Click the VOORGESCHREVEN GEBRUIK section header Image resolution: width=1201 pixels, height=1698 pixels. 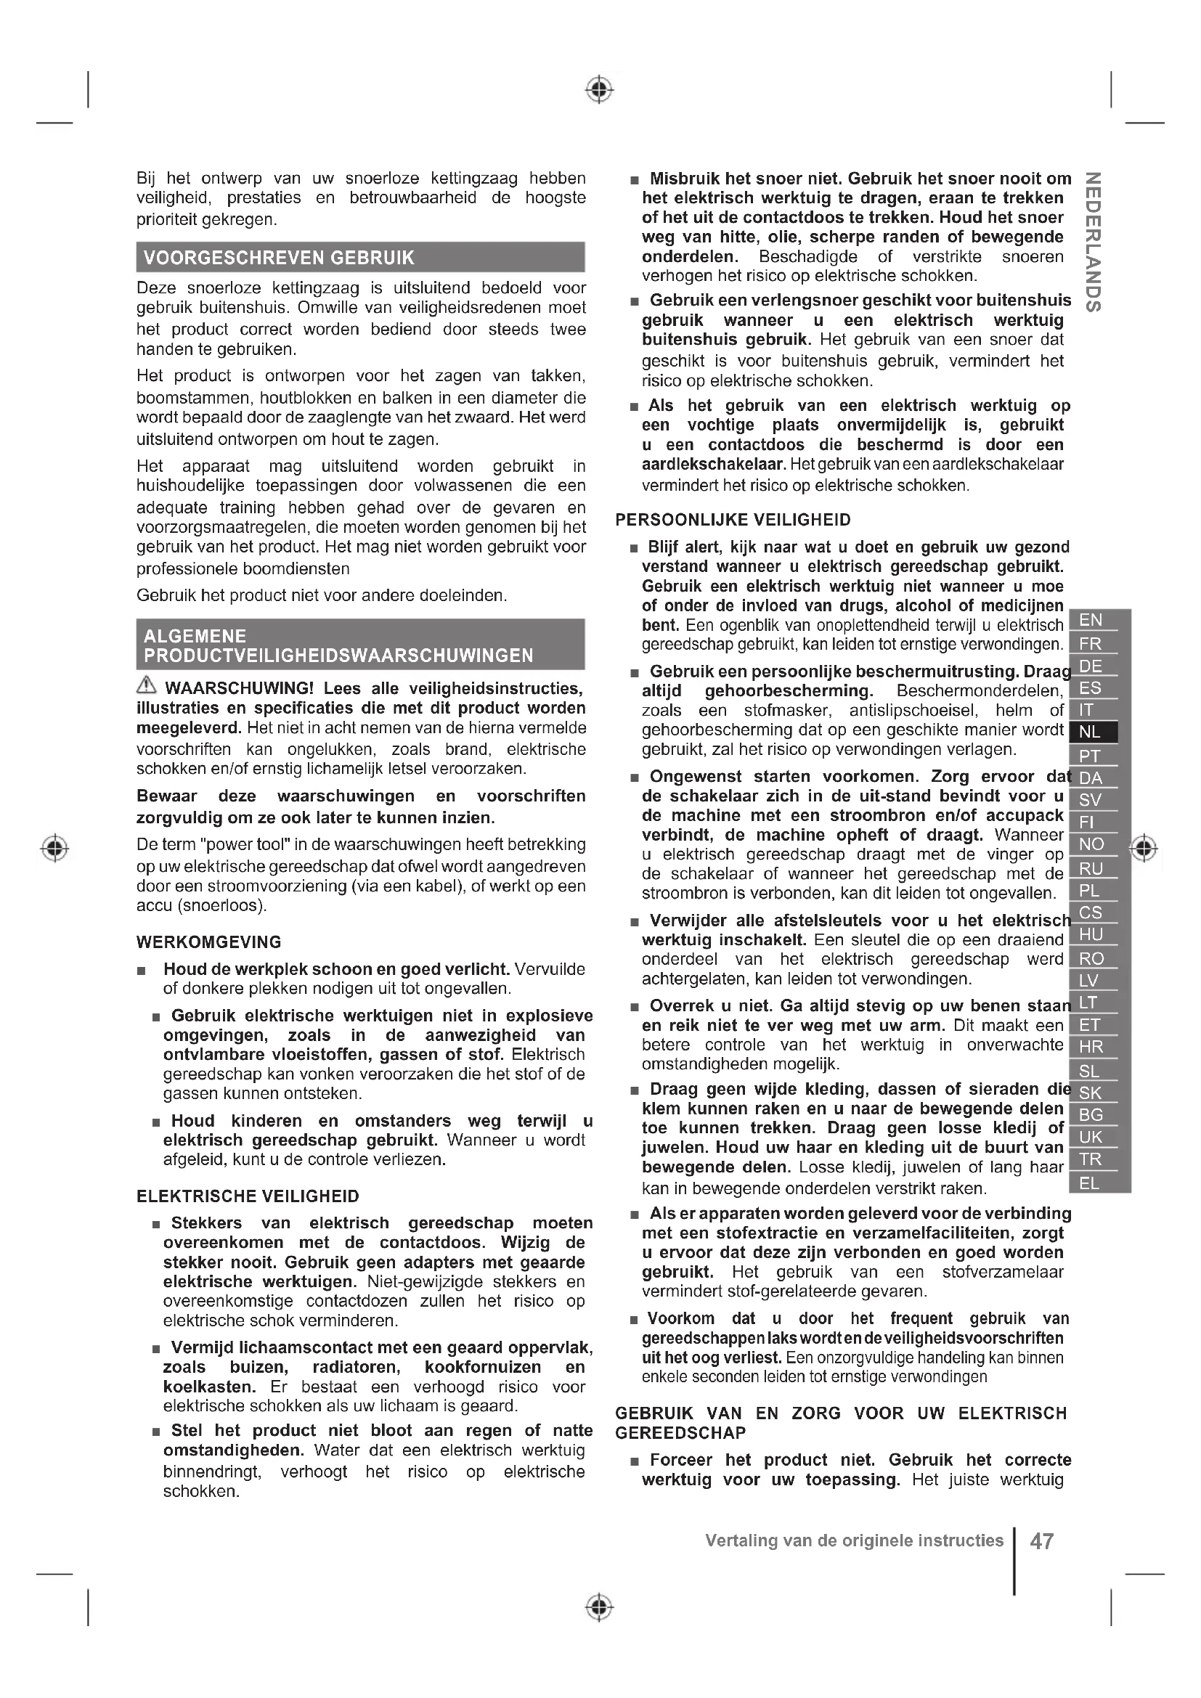279,258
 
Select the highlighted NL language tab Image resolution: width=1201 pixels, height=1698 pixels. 1091,732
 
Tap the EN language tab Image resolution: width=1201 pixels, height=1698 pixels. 1091,620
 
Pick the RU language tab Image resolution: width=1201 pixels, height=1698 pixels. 1091,868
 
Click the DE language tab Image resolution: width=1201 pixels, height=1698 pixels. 1091,666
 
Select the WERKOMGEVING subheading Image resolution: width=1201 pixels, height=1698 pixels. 208,942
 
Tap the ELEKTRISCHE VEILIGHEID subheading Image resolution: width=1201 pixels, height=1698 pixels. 248,1196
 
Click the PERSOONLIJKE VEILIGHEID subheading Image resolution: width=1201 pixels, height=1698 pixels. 733,520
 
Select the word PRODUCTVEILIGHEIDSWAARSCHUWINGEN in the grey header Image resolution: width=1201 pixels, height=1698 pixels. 338,656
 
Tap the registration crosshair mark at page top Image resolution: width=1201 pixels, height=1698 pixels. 600,89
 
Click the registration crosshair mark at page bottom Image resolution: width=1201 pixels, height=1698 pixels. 600,1607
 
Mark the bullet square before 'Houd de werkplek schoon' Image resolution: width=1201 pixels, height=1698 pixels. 142,971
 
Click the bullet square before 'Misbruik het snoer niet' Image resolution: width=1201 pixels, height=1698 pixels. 634,180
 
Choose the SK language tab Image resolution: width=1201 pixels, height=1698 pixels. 1091,1093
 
